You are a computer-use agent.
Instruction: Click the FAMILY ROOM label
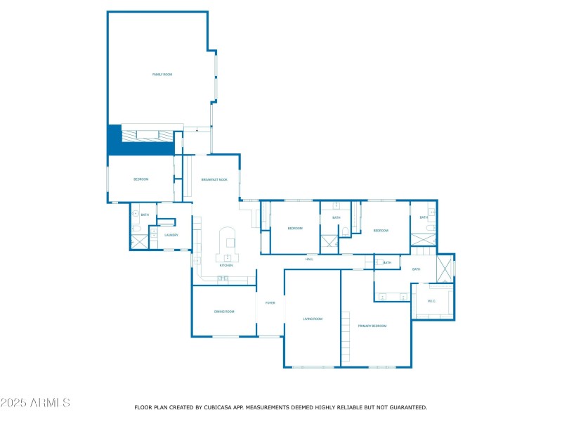coord(162,74)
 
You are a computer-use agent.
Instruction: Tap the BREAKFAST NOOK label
coord(214,180)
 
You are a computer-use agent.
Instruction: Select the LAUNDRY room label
coord(171,235)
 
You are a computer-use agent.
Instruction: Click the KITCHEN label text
coord(226,265)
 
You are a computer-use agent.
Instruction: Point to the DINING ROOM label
coord(224,311)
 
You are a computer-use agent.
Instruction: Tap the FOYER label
coord(270,303)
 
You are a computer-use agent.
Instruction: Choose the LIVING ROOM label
coord(312,319)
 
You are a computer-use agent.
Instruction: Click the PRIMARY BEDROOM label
coord(372,326)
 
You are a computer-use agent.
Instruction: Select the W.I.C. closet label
coord(431,301)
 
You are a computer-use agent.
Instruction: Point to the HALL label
coord(309,260)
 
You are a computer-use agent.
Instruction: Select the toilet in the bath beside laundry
coord(136,229)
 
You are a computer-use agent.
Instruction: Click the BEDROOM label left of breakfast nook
coord(141,180)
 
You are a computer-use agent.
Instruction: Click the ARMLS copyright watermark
coord(35,403)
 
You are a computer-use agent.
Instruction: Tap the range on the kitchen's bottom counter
coord(223,279)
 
